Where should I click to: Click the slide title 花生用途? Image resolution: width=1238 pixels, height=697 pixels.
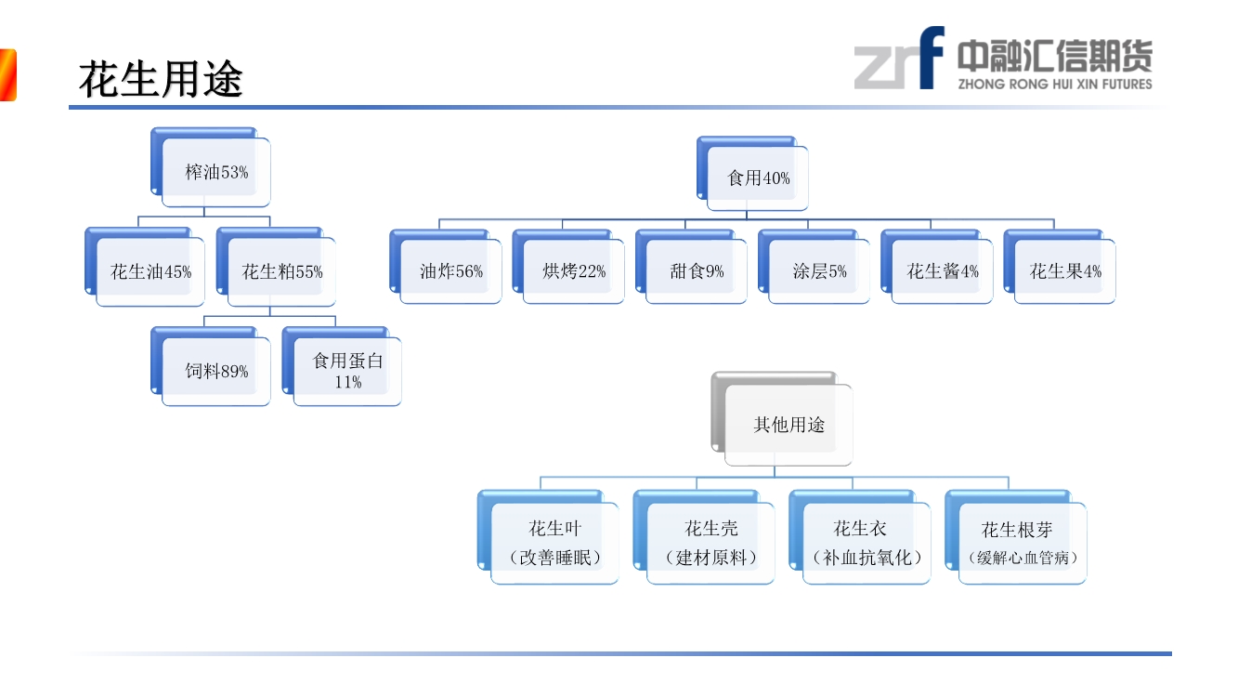pos(161,80)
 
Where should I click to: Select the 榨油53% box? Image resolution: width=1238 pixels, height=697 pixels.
pos(216,172)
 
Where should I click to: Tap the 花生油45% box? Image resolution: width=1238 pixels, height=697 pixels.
pos(150,271)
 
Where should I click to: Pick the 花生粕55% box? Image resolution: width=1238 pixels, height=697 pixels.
pos(282,271)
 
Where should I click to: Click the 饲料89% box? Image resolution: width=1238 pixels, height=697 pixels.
pos(216,371)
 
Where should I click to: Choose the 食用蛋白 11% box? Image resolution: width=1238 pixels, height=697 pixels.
pos(347,371)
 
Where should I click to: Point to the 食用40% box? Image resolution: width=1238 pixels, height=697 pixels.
pos(758,178)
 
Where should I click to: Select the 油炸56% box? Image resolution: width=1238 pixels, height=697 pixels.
pos(451,271)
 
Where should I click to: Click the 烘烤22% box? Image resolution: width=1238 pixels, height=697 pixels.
pos(574,271)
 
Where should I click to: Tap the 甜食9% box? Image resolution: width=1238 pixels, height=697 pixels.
pos(697,271)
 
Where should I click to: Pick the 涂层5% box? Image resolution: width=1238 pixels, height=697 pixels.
pos(819,271)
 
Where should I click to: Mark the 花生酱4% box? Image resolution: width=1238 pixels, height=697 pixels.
pos(943,271)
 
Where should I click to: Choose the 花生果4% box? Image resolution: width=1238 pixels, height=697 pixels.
pos(1065,271)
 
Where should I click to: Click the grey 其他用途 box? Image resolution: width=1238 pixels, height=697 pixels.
pos(788,425)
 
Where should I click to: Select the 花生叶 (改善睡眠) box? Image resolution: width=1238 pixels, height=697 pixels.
pos(554,543)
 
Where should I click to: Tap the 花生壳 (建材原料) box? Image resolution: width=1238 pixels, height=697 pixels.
pos(710,543)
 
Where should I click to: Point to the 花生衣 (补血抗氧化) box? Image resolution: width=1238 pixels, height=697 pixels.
pos(867,543)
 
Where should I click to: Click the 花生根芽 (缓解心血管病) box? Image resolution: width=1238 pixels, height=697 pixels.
pos(1023,543)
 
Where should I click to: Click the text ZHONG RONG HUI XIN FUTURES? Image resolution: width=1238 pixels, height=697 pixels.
pos(1054,84)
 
